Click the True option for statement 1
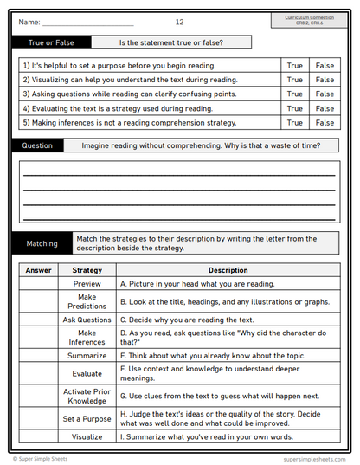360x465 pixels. pyautogui.click(x=295, y=65)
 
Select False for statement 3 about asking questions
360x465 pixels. pyautogui.click(x=325, y=94)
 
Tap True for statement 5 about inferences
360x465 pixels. pyautogui.click(x=295, y=123)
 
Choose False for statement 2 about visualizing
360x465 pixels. pyautogui.click(x=325, y=80)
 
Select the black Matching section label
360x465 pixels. pyautogui.click(x=42, y=243)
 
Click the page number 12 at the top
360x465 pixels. pyautogui.click(x=179, y=21)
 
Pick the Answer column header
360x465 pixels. pyautogui.click(x=38, y=270)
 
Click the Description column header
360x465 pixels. pyautogui.click(x=228, y=270)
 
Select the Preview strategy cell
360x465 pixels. pyautogui.click(x=87, y=283)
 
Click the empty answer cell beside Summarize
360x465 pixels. pyautogui.click(x=38, y=355)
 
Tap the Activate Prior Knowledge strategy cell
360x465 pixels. pyautogui.click(x=87, y=396)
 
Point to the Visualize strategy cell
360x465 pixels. pyautogui.click(x=87, y=437)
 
